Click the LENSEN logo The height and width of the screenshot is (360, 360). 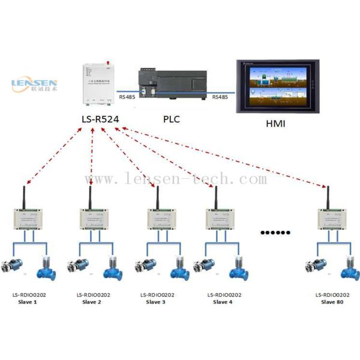[x=34, y=85]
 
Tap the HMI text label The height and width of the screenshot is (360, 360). [x=275, y=125]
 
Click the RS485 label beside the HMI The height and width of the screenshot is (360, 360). [x=220, y=97]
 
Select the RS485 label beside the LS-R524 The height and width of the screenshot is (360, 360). [x=127, y=97]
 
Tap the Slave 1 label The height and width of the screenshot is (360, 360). [x=27, y=302]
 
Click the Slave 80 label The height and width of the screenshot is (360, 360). [x=332, y=302]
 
